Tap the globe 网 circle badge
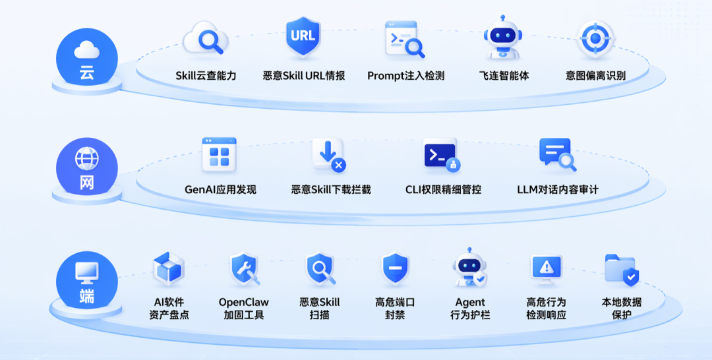(87, 168)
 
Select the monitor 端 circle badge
(87, 282)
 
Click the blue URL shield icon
(303, 37)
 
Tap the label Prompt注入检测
(405, 76)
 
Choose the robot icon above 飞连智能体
(502, 38)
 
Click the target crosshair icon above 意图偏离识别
(595, 39)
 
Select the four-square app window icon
(219, 154)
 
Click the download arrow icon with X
(329, 155)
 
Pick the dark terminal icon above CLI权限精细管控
(441, 155)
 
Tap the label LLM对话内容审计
(558, 189)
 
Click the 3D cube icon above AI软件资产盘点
(169, 269)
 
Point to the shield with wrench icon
(245, 269)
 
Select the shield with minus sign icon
(395, 269)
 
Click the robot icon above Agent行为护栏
(470, 268)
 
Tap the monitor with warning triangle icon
(547, 269)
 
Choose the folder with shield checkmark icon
(622, 270)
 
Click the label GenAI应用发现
(220, 189)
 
